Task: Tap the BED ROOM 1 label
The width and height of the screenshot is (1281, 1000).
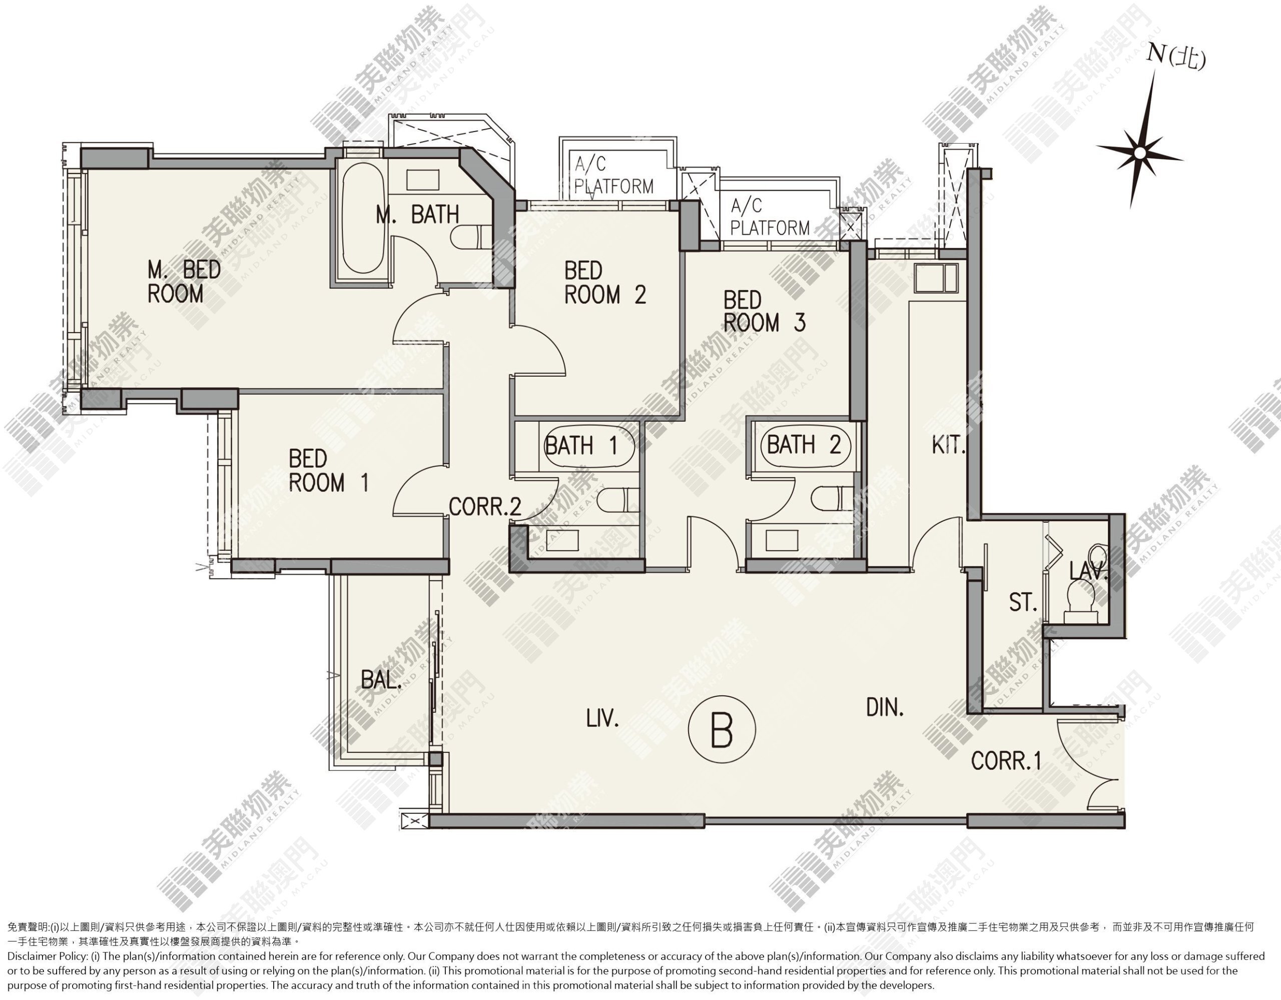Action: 328,470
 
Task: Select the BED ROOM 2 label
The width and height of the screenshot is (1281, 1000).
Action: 604,283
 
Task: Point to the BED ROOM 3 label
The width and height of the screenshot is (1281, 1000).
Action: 764,312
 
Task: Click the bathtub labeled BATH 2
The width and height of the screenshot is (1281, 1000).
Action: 804,445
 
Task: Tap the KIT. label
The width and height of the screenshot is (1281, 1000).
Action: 948,446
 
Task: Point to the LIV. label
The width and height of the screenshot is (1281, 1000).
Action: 602,718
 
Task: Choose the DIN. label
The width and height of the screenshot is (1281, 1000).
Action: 885,708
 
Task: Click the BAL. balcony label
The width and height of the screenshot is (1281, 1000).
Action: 381,680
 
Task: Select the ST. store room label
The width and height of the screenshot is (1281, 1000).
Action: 1023,602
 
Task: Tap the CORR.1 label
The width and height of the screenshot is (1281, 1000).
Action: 1006,761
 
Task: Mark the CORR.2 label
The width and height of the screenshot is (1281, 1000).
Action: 485,506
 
